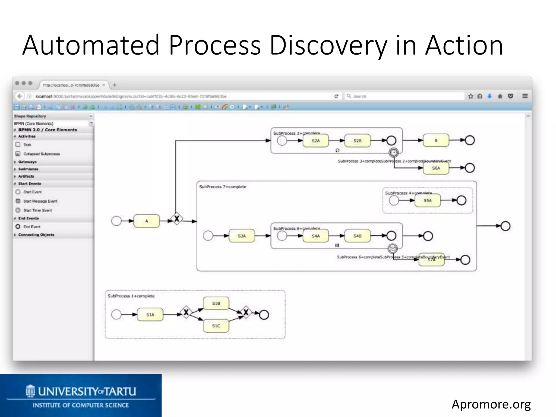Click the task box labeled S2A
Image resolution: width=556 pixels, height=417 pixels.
tap(315, 141)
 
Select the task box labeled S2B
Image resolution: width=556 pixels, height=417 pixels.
tap(357, 141)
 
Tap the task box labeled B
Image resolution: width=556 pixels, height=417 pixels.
tap(436, 140)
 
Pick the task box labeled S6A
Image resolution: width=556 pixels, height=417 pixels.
tap(436, 168)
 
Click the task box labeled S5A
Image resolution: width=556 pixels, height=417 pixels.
tap(427, 201)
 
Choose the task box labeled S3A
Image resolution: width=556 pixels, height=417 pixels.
tap(242, 236)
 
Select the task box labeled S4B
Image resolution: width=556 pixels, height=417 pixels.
tap(357, 236)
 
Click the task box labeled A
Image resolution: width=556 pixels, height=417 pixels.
tap(146, 221)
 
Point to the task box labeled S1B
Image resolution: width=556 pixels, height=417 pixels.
tap(216, 303)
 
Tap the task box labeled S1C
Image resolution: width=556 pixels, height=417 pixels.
tap(216, 326)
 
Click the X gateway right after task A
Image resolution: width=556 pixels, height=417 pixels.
tap(177, 219)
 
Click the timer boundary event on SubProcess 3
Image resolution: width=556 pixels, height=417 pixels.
tap(394, 153)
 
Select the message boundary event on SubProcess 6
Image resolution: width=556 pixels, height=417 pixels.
tap(393, 248)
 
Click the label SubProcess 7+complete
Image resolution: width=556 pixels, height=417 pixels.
tap(223, 187)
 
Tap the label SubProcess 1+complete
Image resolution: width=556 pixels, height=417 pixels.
tap(131, 296)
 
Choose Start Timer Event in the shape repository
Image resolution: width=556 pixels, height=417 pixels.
tap(37, 210)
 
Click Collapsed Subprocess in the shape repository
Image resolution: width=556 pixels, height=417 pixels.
tap(41, 154)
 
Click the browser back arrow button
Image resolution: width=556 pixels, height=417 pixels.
tap(20, 96)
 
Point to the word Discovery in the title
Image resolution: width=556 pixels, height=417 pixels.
tap(328, 46)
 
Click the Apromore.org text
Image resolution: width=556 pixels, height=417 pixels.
tap(491, 404)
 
